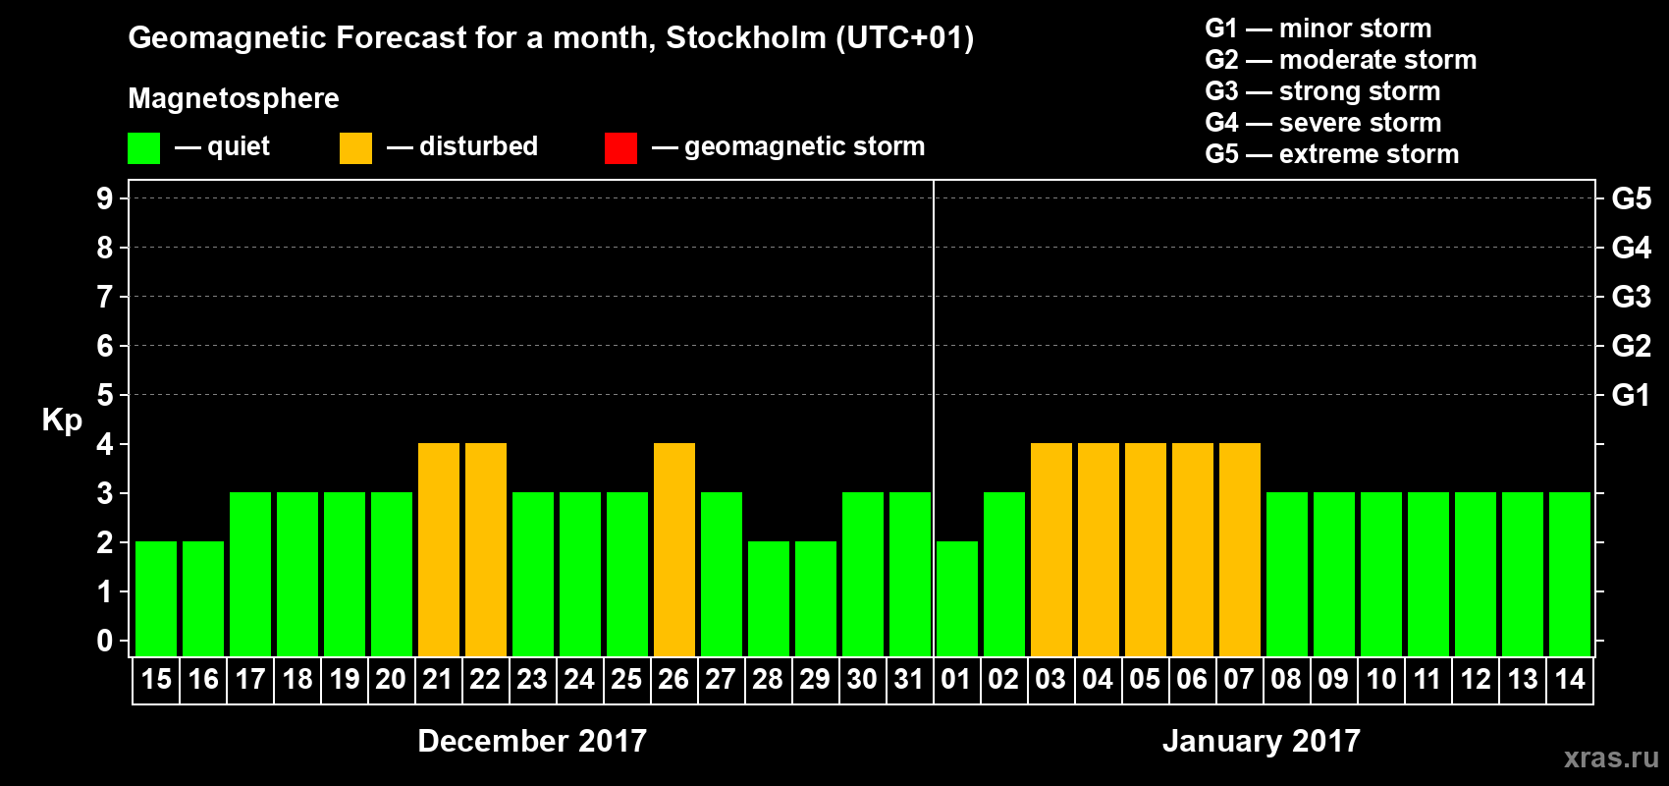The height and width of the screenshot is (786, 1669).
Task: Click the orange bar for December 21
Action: tap(438, 549)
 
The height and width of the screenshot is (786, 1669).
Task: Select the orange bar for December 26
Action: tap(673, 549)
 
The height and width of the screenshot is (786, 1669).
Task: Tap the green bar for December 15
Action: tap(155, 598)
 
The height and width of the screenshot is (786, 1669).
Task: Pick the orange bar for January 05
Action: tap(1145, 549)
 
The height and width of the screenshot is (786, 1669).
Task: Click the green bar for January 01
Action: tap(956, 598)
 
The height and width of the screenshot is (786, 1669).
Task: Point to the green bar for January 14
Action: tap(1569, 574)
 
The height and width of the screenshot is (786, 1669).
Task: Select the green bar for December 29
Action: tap(815, 598)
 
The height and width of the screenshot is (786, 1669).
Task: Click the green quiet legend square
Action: tap(143, 148)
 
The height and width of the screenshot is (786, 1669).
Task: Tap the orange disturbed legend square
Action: tap(355, 148)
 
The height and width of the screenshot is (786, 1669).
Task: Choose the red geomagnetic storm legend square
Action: tap(620, 148)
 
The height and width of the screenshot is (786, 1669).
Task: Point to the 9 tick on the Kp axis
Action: tap(105, 198)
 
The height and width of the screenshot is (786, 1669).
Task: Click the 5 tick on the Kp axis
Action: tap(105, 395)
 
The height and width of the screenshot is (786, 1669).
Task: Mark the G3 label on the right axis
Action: tap(1631, 297)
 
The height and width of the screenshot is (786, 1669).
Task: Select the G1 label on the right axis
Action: tap(1631, 395)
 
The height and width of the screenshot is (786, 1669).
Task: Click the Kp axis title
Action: tap(62, 421)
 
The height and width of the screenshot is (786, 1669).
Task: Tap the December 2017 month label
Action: tap(532, 741)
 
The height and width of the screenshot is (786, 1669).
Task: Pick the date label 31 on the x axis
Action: tap(909, 679)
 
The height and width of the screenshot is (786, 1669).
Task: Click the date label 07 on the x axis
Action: tap(1239, 679)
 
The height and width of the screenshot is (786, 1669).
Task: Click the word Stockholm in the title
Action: tap(746, 38)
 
